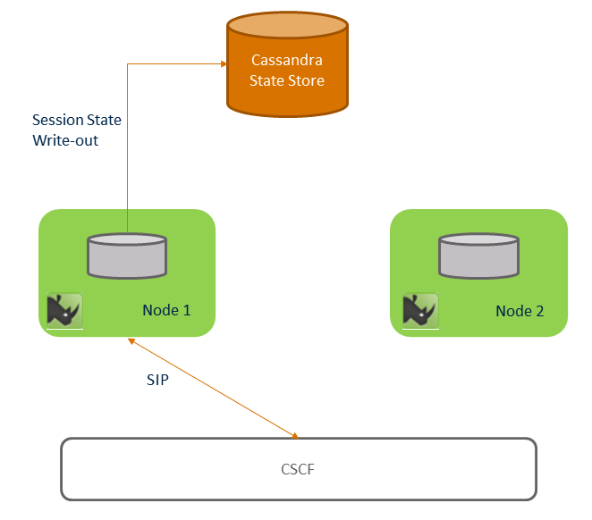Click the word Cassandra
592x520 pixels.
point(287,62)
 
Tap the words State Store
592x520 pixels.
point(287,81)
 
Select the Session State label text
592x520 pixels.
point(77,120)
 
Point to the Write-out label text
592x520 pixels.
point(66,140)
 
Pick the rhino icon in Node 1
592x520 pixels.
point(64,310)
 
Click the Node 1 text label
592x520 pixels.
point(166,311)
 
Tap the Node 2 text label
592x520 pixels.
point(520,311)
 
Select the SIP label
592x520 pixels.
point(157,379)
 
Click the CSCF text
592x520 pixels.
point(298,468)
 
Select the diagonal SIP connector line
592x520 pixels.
point(213,389)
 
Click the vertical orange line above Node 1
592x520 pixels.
point(127,152)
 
